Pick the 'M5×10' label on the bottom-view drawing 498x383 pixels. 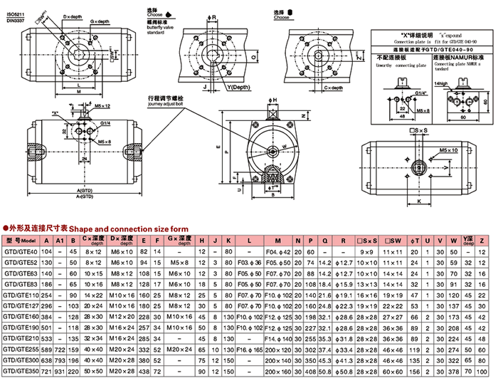(448, 151)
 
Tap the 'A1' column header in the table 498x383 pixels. (60, 241)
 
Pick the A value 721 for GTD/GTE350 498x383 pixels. (48, 372)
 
